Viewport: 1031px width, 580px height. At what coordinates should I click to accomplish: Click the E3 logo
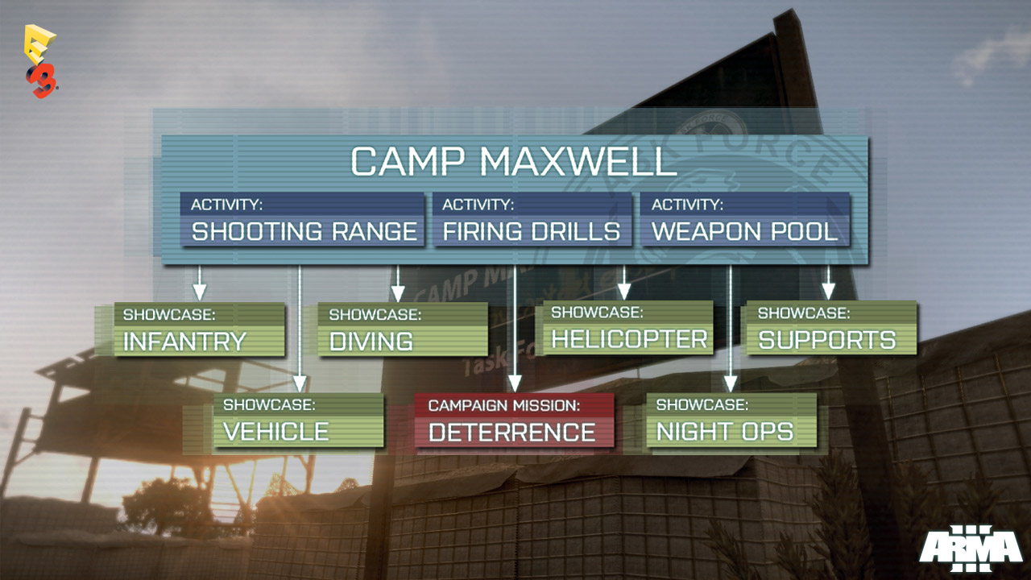point(41,61)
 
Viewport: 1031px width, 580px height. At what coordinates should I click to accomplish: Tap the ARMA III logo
point(971,549)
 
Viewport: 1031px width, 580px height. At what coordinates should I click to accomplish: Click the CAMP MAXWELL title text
point(514,161)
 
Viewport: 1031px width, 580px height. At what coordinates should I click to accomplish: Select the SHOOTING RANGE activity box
point(302,219)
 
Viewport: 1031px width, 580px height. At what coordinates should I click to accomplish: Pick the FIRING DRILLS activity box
point(532,219)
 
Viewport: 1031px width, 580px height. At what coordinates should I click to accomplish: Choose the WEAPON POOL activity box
point(745,219)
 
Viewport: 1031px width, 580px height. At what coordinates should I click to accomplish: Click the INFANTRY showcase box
point(199,329)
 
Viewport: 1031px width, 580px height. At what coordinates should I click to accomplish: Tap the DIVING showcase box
point(403,329)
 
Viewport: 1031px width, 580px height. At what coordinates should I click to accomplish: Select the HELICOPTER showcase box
point(627,327)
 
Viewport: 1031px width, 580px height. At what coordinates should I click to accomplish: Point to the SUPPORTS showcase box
point(831,327)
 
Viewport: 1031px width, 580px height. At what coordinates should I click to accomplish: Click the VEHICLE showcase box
point(298,420)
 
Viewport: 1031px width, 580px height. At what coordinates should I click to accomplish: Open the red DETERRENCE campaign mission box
point(514,420)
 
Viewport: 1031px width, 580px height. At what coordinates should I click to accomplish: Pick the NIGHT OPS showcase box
point(731,420)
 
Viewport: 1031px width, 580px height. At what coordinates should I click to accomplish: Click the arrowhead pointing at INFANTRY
point(199,292)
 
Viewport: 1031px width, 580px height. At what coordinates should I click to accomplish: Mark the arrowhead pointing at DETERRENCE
point(514,383)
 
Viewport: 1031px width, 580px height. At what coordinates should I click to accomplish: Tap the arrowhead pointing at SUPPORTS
point(829,292)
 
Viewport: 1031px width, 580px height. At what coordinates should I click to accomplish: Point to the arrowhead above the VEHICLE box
point(300,383)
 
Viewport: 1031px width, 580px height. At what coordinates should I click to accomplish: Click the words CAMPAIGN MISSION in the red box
point(504,405)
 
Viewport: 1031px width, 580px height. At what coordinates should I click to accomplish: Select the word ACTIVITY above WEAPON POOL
point(687,205)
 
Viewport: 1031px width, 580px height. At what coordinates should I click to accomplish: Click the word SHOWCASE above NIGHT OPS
point(702,404)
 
